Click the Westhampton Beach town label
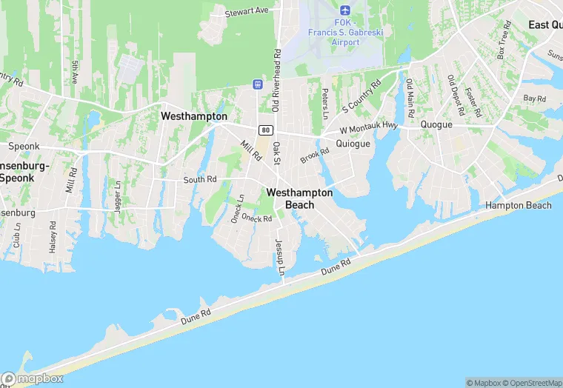pyautogui.click(x=299, y=198)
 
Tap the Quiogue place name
pyautogui.click(x=353, y=144)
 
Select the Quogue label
pyautogui.click(x=436, y=124)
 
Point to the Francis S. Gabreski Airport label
pyautogui.click(x=344, y=36)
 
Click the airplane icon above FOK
pyautogui.click(x=344, y=10)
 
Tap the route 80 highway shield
pyautogui.click(x=265, y=130)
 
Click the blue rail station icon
pyautogui.click(x=257, y=84)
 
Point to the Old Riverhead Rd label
pyautogui.click(x=276, y=81)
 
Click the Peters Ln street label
pyautogui.click(x=324, y=104)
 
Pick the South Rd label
pyautogui.click(x=200, y=179)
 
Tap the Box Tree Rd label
pyautogui.click(x=504, y=44)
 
